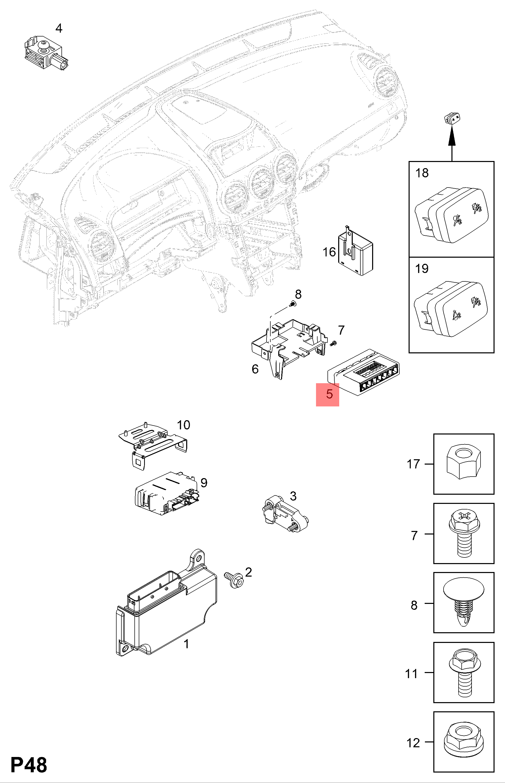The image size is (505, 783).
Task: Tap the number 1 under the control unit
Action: pyautogui.click(x=186, y=644)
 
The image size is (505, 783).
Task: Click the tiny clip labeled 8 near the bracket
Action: pyautogui.click(x=293, y=305)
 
